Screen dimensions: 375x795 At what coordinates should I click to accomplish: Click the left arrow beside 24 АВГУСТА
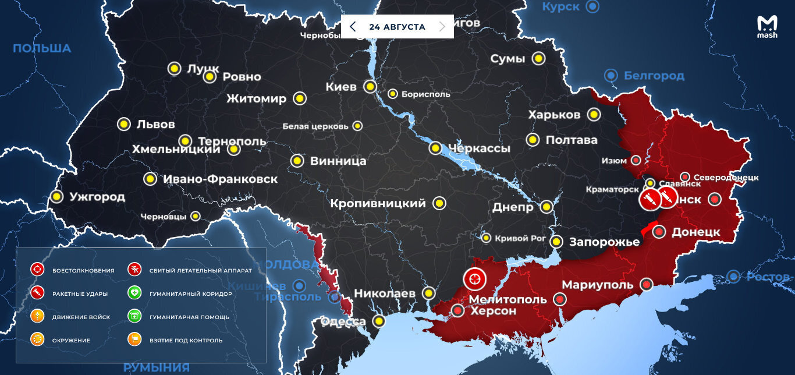click(353, 27)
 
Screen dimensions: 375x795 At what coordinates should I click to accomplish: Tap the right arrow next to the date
click(442, 27)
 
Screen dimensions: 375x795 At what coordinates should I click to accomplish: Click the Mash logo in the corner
click(766, 27)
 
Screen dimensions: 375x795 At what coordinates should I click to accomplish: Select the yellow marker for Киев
click(370, 87)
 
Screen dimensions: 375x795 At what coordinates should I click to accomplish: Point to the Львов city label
click(155, 124)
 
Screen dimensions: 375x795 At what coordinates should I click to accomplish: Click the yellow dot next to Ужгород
click(56, 197)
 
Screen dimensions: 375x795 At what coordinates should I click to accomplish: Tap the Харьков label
click(554, 115)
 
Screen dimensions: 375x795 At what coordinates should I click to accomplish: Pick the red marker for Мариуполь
click(646, 284)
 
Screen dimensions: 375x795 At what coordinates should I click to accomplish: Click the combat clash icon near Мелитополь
click(474, 279)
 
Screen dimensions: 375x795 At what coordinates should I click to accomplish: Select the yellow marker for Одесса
click(379, 321)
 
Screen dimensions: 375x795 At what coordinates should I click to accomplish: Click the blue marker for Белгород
click(611, 75)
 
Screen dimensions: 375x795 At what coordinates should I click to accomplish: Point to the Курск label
click(561, 7)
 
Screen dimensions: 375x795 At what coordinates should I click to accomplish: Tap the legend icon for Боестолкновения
click(37, 270)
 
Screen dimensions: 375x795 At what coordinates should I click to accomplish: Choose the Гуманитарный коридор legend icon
click(134, 293)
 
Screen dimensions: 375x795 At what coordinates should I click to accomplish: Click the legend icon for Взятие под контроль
click(134, 339)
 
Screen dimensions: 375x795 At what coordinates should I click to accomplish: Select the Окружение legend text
click(71, 340)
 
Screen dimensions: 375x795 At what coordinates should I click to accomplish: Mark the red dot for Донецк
click(659, 232)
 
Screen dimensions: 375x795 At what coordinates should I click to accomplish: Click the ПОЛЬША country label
click(42, 48)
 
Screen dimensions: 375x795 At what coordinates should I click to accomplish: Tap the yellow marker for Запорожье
click(556, 241)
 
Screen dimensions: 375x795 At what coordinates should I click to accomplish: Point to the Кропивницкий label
click(378, 204)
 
